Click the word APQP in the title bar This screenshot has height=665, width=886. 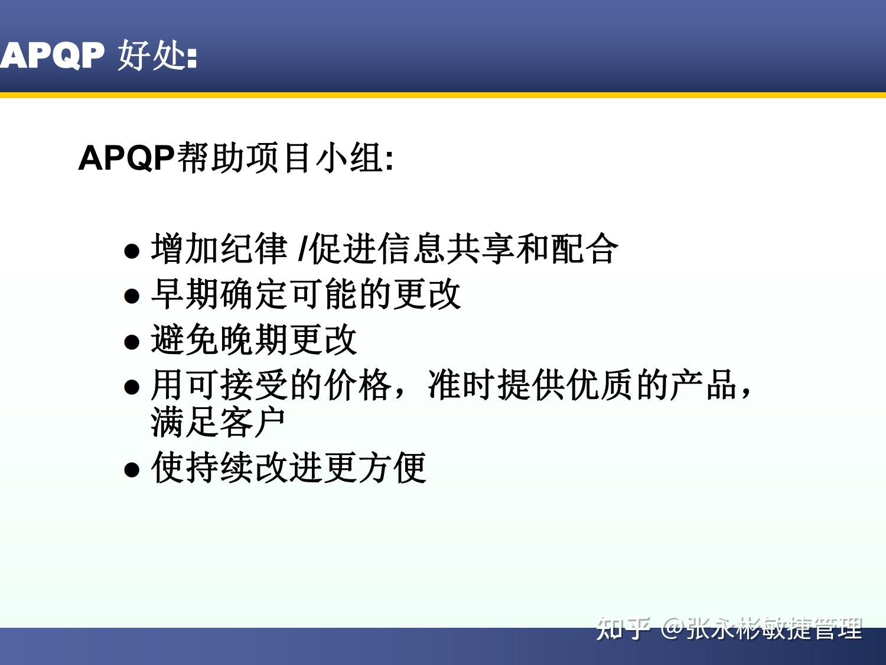point(52,56)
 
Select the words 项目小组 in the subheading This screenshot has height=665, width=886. point(314,158)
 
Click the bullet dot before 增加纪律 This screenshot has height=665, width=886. point(132,251)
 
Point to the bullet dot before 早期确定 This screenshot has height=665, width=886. point(132,296)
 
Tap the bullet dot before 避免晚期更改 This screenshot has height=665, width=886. point(132,342)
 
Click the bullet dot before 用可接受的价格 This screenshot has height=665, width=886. point(132,387)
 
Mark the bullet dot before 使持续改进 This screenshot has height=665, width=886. point(132,470)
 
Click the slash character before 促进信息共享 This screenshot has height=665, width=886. point(302,249)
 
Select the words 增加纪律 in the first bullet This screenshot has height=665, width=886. point(219,249)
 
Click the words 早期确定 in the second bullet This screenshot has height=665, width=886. point(219,294)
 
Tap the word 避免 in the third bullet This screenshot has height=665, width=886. point(184,340)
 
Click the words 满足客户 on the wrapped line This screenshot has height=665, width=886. point(219,423)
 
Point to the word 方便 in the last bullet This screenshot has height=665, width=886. point(392,468)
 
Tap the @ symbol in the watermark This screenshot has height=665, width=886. point(672,628)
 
